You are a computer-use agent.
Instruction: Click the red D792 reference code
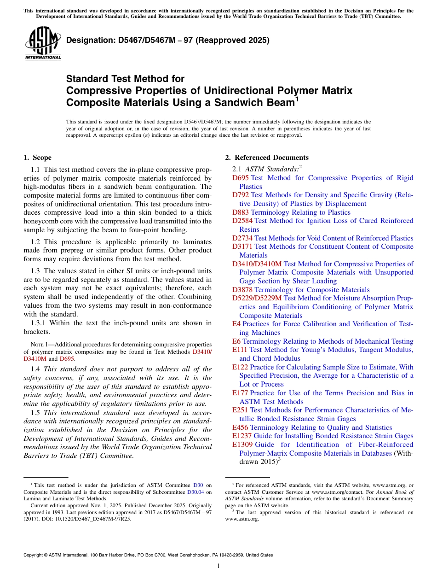click(241, 195)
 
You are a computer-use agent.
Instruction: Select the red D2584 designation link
click(242, 221)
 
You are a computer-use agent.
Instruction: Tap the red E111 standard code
click(240, 350)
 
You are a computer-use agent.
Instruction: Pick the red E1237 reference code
click(242, 436)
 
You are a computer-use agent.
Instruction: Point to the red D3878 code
click(242, 290)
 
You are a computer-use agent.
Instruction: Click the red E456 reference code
click(240, 428)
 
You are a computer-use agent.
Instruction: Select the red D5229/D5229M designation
click(257, 299)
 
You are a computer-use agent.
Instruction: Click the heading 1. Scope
click(37, 158)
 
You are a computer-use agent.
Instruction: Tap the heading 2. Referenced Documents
click(267, 158)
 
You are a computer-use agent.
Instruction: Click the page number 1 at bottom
click(218, 566)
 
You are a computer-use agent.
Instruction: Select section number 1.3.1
click(38, 323)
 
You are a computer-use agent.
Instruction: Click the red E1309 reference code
click(242, 445)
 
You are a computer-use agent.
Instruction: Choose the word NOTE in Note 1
click(37, 344)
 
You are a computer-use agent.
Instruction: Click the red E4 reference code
click(236, 324)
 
